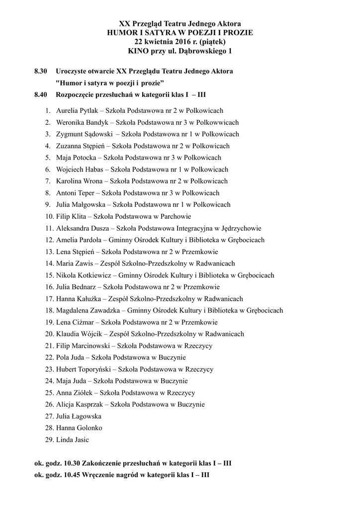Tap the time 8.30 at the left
(x=41, y=72)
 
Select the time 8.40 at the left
(x=41, y=94)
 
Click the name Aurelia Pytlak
(x=77, y=111)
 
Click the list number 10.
(x=49, y=216)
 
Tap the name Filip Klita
(x=71, y=216)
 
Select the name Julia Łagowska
(x=79, y=416)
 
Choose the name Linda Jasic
(x=73, y=440)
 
